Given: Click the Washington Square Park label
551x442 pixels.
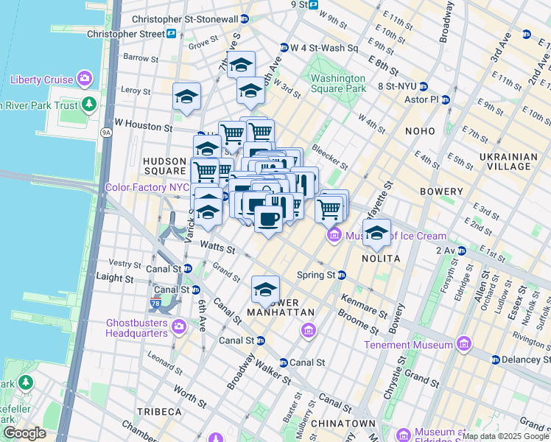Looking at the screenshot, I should tap(338, 83).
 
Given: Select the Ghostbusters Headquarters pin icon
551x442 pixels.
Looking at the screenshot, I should tap(178, 326).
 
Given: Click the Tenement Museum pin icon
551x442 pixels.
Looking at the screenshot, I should tap(463, 344).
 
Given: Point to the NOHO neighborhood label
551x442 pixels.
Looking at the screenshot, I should tap(420, 131).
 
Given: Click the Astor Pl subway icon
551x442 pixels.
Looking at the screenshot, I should tap(446, 99).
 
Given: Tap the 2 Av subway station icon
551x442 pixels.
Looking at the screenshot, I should tap(460, 250).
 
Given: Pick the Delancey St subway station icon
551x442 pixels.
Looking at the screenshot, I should tap(496, 359).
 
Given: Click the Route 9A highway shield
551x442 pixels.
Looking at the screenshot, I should tap(107, 133).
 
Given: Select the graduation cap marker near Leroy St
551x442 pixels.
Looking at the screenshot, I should tap(187, 97).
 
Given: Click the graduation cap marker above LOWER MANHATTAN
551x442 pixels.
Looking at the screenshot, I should tap(265, 290).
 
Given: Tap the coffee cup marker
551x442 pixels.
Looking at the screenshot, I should tap(268, 219).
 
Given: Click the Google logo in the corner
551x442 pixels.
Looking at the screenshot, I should tap(24, 433).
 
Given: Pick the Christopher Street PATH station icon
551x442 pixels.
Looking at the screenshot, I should tap(171, 34).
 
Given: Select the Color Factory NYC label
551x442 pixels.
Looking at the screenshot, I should tap(147, 187).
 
